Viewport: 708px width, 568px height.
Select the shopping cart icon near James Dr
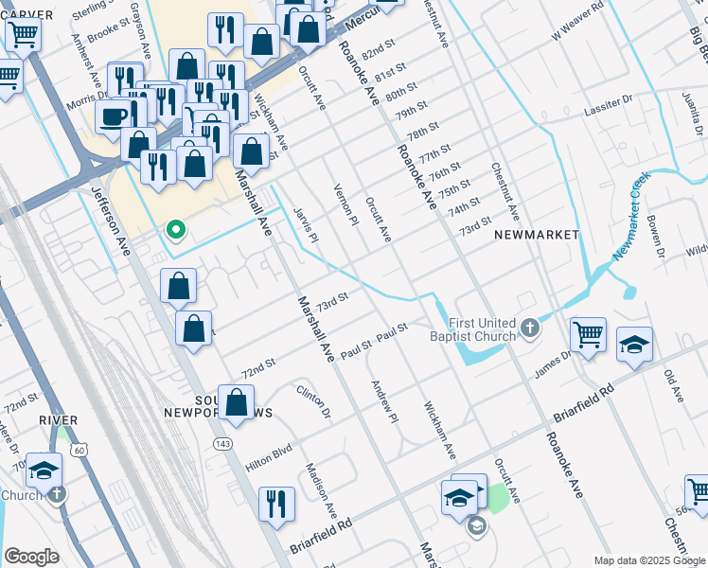pos(588,334)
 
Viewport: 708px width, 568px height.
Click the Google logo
pos(31,557)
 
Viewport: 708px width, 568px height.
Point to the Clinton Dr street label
pos(313,401)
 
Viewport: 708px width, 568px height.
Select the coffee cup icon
pos(114,117)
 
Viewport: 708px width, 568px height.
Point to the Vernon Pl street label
pos(345,204)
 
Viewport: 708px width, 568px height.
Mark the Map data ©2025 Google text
pos(649,560)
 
